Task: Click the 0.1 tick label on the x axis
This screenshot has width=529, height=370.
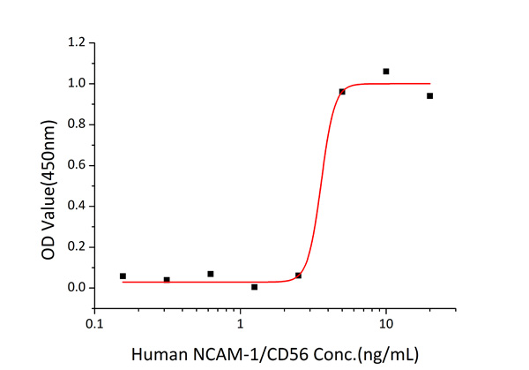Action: (x=94, y=324)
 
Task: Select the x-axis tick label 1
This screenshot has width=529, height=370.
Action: (x=240, y=324)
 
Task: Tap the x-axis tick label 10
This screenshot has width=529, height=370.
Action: (x=385, y=324)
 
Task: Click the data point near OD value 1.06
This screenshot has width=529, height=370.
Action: (x=386, y=72)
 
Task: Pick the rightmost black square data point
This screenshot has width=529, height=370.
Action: (x=429, y=95)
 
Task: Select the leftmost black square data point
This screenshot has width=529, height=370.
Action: (x=123, y=276)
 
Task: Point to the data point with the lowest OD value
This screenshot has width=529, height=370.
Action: (x=254, y=287)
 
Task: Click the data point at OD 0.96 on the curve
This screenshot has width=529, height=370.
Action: (x=342, y=92)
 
